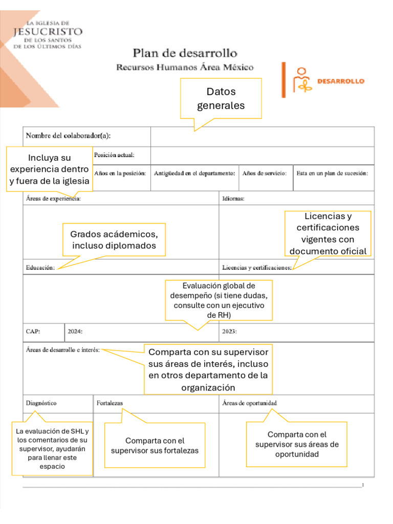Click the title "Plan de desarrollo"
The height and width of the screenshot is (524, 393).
185,53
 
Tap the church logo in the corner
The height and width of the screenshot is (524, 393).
47,34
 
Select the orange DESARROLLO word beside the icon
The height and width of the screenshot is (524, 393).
341,81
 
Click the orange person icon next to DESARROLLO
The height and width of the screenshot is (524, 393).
301,80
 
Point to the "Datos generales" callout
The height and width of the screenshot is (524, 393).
221,99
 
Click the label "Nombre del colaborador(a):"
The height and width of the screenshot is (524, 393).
68,136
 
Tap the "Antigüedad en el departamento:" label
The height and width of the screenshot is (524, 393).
194,173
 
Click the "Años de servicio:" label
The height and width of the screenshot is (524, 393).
264,173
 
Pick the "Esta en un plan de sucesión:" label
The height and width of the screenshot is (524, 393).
332,173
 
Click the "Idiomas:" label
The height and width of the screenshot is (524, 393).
233,198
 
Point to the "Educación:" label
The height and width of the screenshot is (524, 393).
40,268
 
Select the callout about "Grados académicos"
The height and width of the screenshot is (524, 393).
114,240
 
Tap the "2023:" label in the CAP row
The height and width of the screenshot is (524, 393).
230,331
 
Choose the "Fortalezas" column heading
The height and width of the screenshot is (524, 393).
110,403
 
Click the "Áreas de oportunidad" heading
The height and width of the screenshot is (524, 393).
250,403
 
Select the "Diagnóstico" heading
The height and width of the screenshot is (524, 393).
41,403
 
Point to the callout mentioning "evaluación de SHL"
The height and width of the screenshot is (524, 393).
53,449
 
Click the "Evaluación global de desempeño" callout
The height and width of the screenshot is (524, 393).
219,300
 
